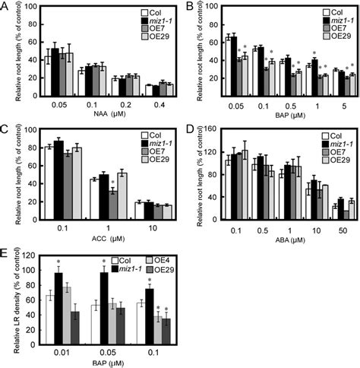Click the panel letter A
pos(6,7)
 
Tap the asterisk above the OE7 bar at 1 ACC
pos(112,203)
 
